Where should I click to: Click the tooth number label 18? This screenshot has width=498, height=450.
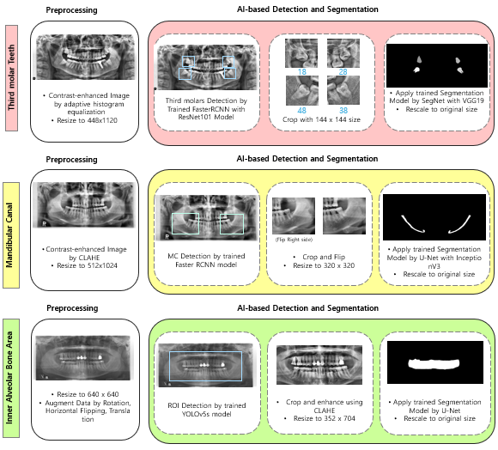point(301,72)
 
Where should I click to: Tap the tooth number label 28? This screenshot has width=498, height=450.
point(343,72)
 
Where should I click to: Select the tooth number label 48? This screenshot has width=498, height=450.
point(301,110)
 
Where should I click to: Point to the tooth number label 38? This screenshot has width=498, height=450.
point(343,110)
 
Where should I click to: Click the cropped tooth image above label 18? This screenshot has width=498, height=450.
point(301,53)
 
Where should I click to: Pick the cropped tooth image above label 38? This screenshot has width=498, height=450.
point(343,90)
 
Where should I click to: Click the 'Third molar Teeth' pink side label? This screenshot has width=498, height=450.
point(11,78)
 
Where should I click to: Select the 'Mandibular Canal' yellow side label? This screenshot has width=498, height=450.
point(11,235)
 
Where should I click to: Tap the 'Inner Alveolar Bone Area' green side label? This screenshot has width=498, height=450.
point(11,378)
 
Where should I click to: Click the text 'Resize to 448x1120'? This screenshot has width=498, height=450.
point(87,120)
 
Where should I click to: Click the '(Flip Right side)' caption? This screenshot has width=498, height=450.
point(294,240)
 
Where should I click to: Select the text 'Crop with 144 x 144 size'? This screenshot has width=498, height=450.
point(321,119)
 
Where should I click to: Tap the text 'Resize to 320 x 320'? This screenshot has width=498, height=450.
point(324,265)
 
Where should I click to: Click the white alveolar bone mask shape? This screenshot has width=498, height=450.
point(434,363)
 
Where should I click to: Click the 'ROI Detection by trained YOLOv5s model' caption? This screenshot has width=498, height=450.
point(207,410)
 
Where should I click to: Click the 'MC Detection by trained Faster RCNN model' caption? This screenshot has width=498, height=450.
point(206,260)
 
